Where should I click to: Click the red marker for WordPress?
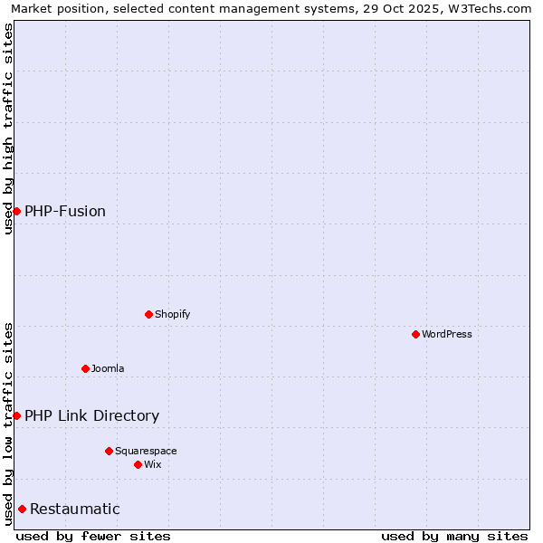click(415, 334)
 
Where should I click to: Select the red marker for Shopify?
click(148, 314)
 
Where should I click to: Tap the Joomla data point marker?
click(85, 368)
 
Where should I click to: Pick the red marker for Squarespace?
click(109, 451)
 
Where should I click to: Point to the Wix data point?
click(138, 464)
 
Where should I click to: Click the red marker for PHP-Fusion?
click(16, 211)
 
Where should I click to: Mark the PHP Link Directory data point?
click(16, 415)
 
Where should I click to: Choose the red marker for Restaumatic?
click(22, 509)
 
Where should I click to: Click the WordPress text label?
click(447, 334)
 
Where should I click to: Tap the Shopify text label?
click(173, 314)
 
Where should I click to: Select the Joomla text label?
click(108, 368)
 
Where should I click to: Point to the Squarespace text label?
click(146, 451)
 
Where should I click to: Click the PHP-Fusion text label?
click(65, 211)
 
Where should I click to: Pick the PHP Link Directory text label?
click(91, 415)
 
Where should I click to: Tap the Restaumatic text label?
click(75, 509)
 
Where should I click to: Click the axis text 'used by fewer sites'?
click(93, 536)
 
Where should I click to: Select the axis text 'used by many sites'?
click(454, 536)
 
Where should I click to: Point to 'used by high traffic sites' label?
click(8, 129)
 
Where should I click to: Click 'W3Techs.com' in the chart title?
click(492, 9)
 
